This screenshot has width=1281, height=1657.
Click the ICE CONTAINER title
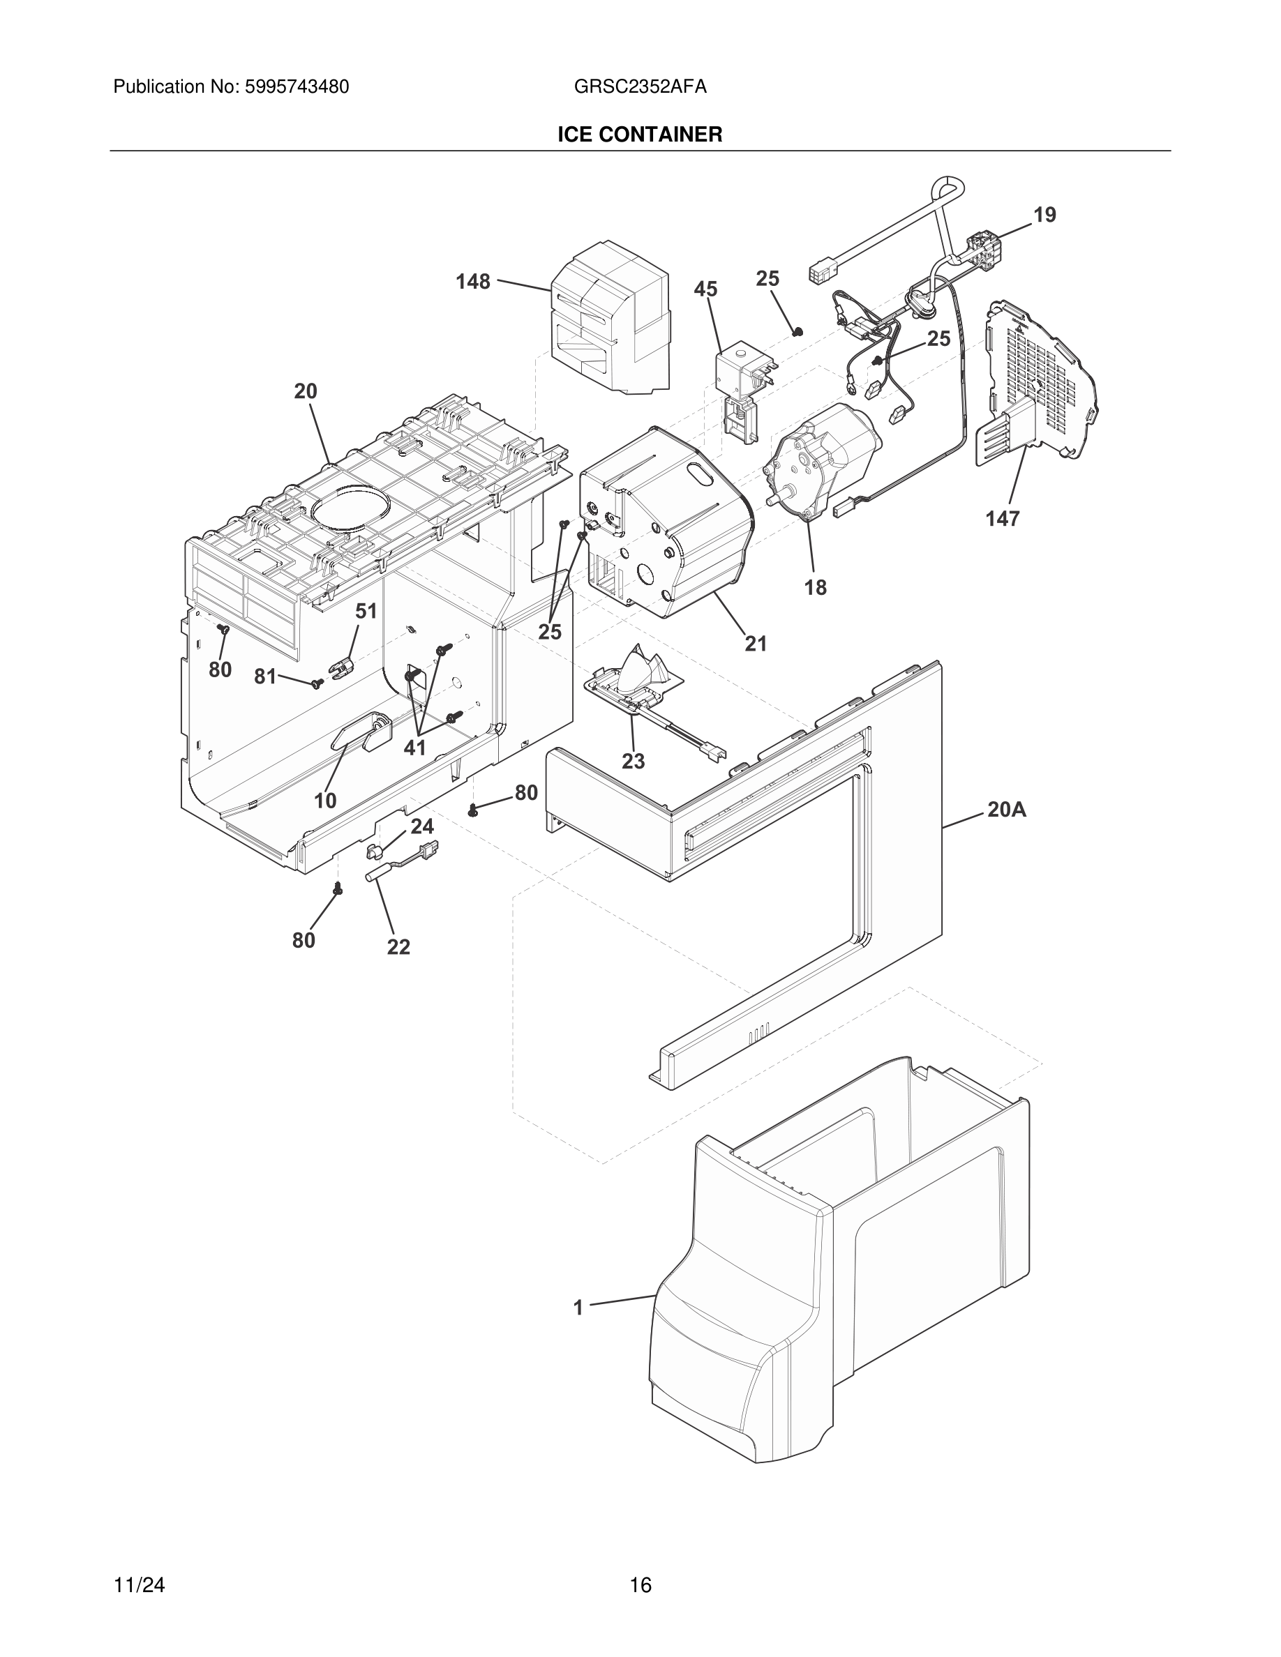640,135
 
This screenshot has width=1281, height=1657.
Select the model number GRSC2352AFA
640,87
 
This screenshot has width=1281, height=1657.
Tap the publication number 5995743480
296,87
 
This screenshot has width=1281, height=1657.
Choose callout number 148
473,282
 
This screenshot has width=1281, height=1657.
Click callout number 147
1003,519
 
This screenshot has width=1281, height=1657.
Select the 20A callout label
1006,810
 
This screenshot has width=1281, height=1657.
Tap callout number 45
705,289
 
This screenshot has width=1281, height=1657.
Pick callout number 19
1044,215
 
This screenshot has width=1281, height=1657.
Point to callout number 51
366,611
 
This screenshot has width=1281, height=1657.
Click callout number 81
265,676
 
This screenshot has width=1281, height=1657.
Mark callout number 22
398,947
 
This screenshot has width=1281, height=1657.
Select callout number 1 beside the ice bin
578,1308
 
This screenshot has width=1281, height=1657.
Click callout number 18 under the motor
815,587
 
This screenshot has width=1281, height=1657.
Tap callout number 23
633,761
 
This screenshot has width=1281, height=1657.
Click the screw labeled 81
318,684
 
